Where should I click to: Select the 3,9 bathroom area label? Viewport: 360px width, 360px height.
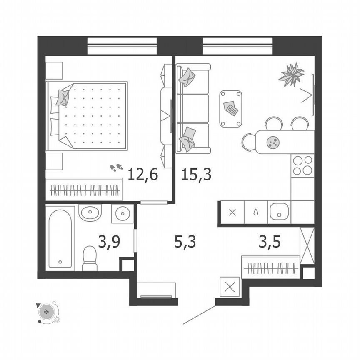pyautogui.click(x=109, y=241)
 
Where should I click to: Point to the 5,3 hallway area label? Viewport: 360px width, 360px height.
pyautogui.click(x=185, y=241)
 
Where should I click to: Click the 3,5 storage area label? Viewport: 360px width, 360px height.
pyautogui.click(x=270, y=241)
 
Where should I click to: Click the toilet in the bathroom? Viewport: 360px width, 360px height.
pyautogui.click(x=90, y=259)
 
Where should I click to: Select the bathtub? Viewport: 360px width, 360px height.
pyautogui.click(x=60, y=238)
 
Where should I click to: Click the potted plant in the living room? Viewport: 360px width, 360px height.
pyautogui.click(x=291, y=75)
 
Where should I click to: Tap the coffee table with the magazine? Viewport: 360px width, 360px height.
pyautogui.click(x=231, y=108)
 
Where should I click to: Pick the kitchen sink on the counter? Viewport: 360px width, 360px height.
pyautogui.click(x=279, y=212)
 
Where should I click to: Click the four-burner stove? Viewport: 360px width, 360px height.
pyautogui.click(x=302, y=165)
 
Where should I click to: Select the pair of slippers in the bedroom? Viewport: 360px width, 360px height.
pyautogui.click(x=116, y=167)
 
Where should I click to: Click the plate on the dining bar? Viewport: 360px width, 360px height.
pyautogui.click(x=272, y=143)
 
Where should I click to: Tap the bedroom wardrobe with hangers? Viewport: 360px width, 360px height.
pyautogui.click(x=84, y=190)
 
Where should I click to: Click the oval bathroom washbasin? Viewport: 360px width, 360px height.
pyautogui.click(x=90, y=213)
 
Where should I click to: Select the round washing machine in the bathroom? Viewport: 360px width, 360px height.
pyautogui.click(x=122, y=213)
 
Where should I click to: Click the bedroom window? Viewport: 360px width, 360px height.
pyautogui.click(x=122, y=46)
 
